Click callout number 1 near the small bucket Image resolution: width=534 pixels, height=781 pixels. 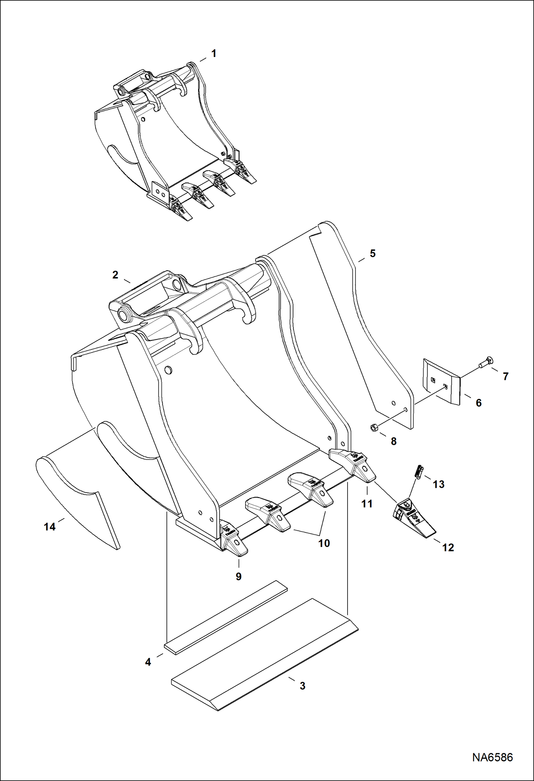tap(214, 53)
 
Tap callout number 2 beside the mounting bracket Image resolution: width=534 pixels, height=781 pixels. tap(115, 275)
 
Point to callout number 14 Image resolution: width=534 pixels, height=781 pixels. tap(50, 526)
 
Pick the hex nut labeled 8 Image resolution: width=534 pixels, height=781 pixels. tap(374, 428)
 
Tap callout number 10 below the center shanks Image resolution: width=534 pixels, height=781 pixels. tap(324, 543)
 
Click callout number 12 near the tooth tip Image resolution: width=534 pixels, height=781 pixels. tap(448, 547)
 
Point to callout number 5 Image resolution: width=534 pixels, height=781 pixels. tap(373, 254)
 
